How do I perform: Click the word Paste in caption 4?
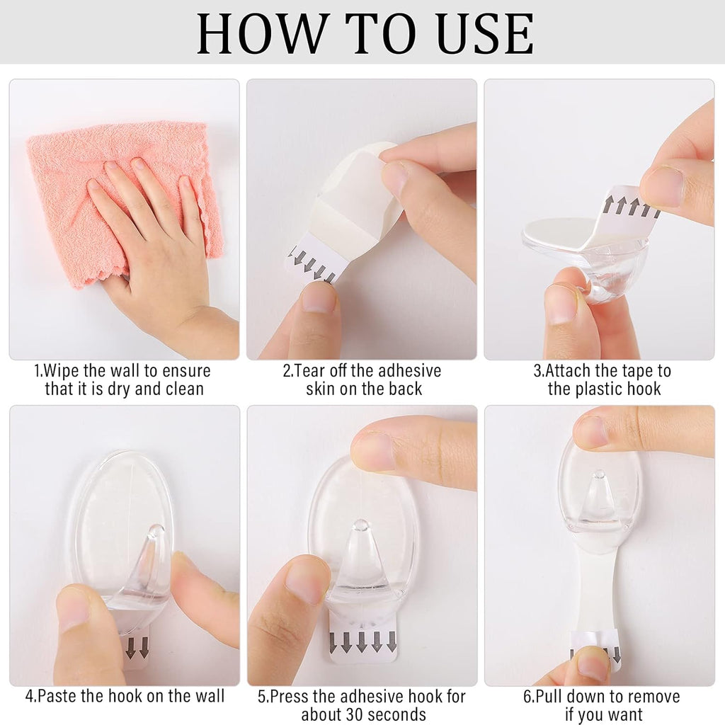tap(56, 696)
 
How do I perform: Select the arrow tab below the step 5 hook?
tap(362, 641)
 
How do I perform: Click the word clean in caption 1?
tap(183, 389)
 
